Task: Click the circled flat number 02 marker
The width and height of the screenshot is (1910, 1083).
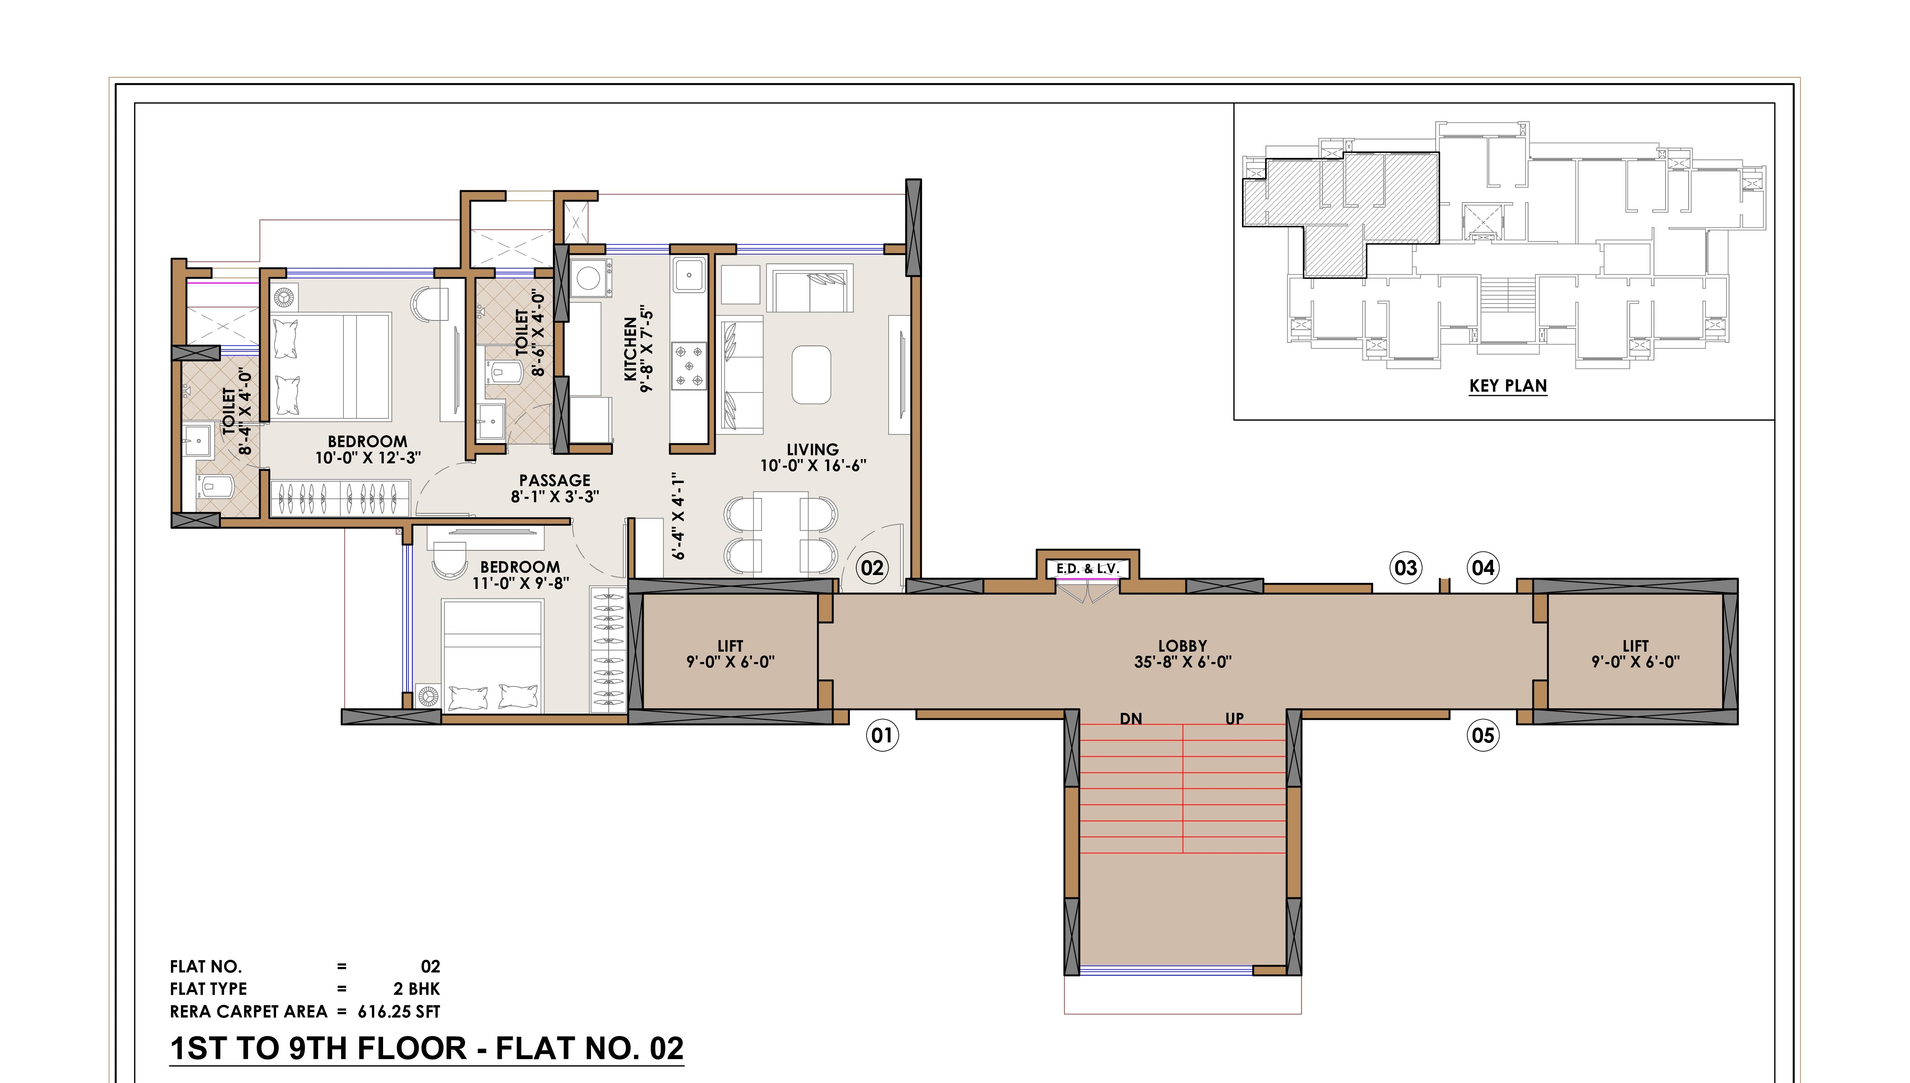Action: pyautogui.click(x=872, y=568)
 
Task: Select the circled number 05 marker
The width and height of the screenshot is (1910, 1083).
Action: pyautogui.click(x=1483, y=736)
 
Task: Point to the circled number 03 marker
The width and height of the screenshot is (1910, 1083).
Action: pyautogui.click(x=1405, y=568)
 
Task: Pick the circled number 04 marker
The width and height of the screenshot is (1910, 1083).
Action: pyautogui.click(x=1483, y=568)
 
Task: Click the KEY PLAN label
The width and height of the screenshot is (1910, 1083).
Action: pyautogui.click(x=1508, y=386)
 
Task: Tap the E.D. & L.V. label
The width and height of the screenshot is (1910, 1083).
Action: pyautogui.click(x=1088, y=569)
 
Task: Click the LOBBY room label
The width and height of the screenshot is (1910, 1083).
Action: pyautogui.click(x=1182, y=645)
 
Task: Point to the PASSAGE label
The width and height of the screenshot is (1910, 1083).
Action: pyautogui.click(x=555, y=481)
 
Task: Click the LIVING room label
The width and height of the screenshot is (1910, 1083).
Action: pyautogui.click(x=813, y=449)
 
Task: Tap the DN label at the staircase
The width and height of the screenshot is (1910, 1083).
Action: pyautogui.click(x=1131, y=719)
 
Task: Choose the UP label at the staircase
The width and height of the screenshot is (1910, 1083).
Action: pyautogui.click(x=1234, y=719)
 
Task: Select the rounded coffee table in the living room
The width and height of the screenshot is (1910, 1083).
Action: pyautogui.click(x=811, y=374)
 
